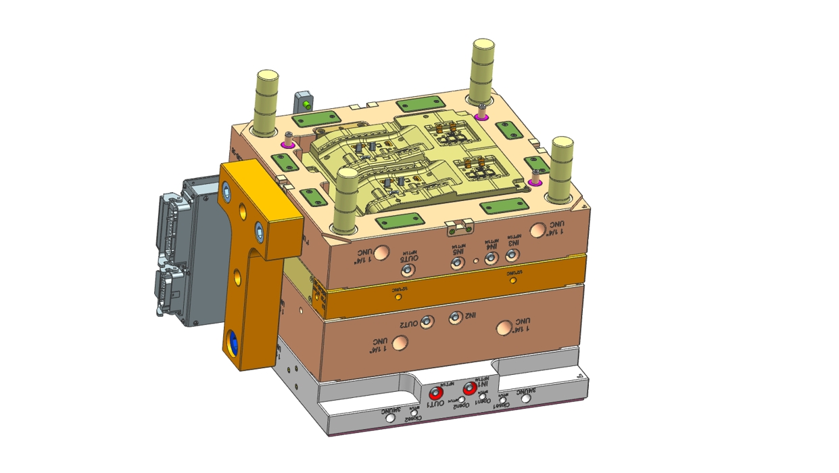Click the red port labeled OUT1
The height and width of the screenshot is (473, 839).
[436, 393]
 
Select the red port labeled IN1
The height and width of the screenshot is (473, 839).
[469, 389]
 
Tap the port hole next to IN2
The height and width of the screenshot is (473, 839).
[456, 317]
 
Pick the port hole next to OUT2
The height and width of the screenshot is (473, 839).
[427, 321]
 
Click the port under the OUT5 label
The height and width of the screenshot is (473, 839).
[407, 270]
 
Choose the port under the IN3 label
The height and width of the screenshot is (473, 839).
[512, 254]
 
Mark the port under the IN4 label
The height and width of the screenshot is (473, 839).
[491, 258]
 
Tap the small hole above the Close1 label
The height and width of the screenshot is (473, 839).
[502, 400]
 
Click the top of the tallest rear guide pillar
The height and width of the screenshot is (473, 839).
[483, 45]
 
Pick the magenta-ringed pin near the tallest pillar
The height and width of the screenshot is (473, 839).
[481, 116]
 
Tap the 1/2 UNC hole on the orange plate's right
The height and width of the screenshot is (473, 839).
[513, 279]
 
